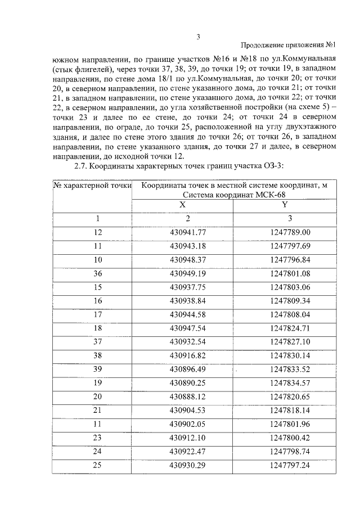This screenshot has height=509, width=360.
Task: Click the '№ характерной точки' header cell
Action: [x=92, y=184]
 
